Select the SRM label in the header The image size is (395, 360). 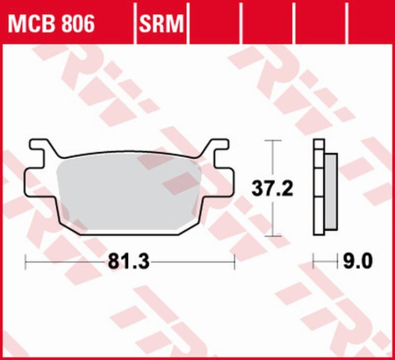pyautogui.click(x=160, y=20)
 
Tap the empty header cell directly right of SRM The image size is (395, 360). pyautogui.click(x=214, y=20)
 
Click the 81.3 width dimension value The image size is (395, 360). pyautogui.click(x=130, y=261)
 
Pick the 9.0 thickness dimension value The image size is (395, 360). pyautogui.click(x=356, y=261)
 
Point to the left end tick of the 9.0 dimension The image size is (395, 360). pyautogui.click(x=314, y=261)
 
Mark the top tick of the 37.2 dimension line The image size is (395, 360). pyautogui.click(x=275, y=140)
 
